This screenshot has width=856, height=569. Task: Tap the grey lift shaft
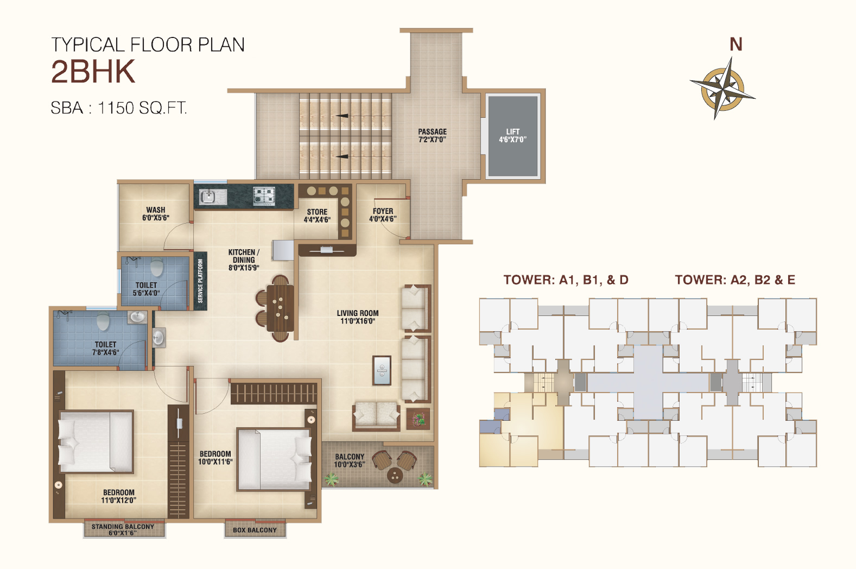(513, 136)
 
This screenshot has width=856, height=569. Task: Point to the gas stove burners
(264, 195)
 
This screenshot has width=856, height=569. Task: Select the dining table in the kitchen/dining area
(281, 308)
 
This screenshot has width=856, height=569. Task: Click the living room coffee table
(382, 370)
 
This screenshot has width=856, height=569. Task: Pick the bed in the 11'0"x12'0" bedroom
(96, 442)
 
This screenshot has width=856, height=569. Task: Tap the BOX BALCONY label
(255, 530)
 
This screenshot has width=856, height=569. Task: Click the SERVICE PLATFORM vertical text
(200, 281)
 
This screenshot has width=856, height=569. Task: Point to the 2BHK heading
(93, 72)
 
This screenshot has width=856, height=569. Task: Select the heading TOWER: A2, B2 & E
(735, 280)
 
